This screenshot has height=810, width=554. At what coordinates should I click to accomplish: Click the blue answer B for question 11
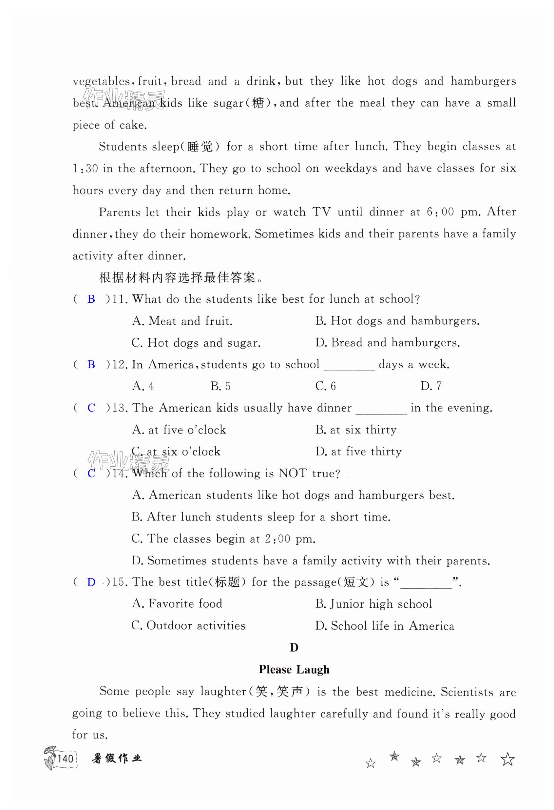point(91,299)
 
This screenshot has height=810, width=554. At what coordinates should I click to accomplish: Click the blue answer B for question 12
point(91,365)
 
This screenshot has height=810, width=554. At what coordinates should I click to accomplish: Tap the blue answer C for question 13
point(91,408)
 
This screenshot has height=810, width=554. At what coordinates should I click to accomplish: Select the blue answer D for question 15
point(91,582)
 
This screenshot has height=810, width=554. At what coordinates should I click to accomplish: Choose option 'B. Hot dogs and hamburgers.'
point(397,321)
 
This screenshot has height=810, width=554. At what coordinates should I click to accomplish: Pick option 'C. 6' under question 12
point(326,386)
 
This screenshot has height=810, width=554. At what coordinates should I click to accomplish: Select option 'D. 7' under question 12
point(431,386)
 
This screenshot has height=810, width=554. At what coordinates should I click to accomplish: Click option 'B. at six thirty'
point(356,430)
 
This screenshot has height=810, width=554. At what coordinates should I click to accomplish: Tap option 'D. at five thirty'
point(358,452)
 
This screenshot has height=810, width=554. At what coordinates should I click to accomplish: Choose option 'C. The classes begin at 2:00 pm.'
point(223,539)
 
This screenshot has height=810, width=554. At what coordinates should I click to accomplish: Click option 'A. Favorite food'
point(177,604)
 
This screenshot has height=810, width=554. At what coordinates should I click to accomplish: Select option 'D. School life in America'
point(385,626)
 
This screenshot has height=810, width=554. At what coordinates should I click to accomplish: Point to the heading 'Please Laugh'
point(294,670)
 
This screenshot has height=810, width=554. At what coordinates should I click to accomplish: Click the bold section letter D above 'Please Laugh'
point(294,648)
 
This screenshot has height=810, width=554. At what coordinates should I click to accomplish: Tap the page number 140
point(66,759)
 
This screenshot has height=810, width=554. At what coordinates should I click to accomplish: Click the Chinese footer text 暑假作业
point(117,759)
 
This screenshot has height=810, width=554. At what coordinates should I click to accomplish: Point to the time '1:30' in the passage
point(85,169)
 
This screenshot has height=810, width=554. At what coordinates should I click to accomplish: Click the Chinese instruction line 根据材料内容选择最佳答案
point(181,278)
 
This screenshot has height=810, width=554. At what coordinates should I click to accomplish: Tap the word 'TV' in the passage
point(321,212)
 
